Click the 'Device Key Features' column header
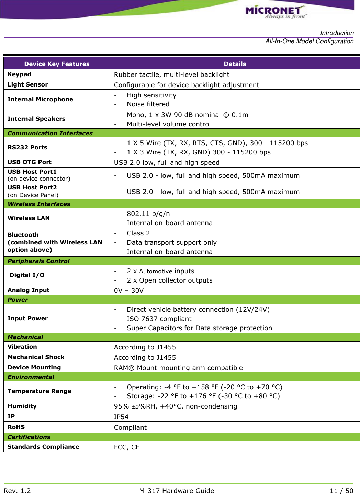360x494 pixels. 57,64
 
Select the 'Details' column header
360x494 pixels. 235,64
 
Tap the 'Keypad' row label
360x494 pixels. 19,74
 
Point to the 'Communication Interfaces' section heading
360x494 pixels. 50,133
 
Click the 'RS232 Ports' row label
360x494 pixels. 27,147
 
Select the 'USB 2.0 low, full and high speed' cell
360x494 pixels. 167,162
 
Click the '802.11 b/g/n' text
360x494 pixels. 148,214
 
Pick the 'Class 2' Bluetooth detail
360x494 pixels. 138,233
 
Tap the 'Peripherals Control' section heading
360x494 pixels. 38,261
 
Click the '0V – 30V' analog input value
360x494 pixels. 129,290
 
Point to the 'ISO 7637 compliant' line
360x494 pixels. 159,319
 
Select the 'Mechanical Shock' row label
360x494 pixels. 36,357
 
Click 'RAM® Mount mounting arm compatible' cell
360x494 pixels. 178,368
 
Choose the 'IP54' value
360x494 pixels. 121,417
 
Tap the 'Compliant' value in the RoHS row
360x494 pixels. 130,427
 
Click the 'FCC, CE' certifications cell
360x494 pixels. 127,447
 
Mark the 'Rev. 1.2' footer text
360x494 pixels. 17,491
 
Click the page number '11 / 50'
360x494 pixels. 341,491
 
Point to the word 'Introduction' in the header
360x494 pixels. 337,33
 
